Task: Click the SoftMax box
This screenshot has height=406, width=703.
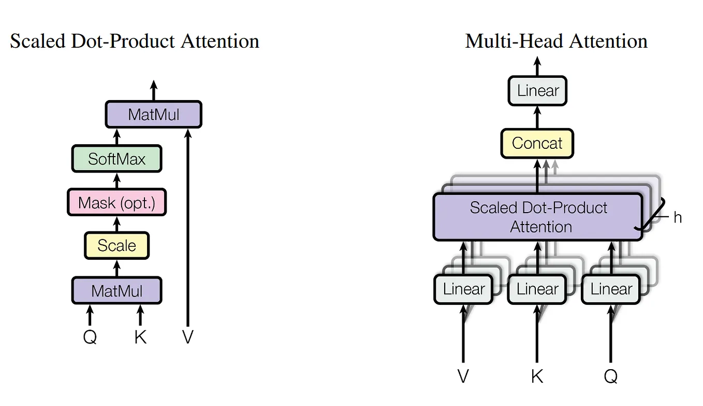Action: click(116, 159)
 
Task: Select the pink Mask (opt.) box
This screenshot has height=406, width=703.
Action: click(116, 202)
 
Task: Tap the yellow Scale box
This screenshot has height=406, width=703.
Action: click(116, 245)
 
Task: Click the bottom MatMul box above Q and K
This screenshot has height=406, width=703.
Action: click(116, 290)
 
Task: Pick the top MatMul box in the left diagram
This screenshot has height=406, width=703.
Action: click(153, 115)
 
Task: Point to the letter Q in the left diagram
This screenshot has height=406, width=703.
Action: click(90, 337)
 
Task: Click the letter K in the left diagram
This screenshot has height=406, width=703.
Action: click(140, 337)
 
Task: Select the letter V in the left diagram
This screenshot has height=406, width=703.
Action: click(187, 337)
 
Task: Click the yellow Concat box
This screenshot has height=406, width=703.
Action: click(537, 143)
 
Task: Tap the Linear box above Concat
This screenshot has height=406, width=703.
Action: click(537, 91)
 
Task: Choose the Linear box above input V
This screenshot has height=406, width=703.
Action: click(463, 289)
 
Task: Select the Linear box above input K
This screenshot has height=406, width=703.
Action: click(537, 289)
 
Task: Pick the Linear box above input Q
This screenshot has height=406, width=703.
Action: click(611, 289)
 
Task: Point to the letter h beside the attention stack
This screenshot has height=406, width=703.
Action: click(677, 217)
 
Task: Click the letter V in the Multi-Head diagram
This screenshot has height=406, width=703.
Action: click(463, 376)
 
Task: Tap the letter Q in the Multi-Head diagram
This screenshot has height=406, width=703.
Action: click(611, 376)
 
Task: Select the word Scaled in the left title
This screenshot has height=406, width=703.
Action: click(37, 41)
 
